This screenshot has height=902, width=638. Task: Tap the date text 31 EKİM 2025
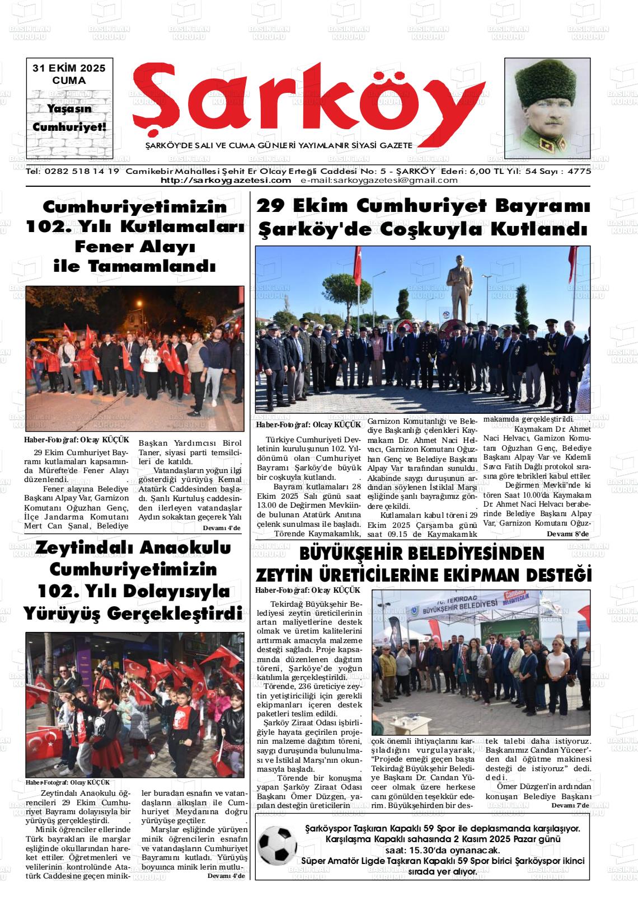pos(69,69)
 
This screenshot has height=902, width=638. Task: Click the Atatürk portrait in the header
pos(547,108)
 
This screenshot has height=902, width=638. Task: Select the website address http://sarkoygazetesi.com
pos(226,180)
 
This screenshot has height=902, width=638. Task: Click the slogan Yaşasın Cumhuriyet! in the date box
pos(69,118)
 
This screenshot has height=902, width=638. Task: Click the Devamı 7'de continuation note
pos(570,805)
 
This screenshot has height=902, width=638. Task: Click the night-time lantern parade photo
pos(134,358)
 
